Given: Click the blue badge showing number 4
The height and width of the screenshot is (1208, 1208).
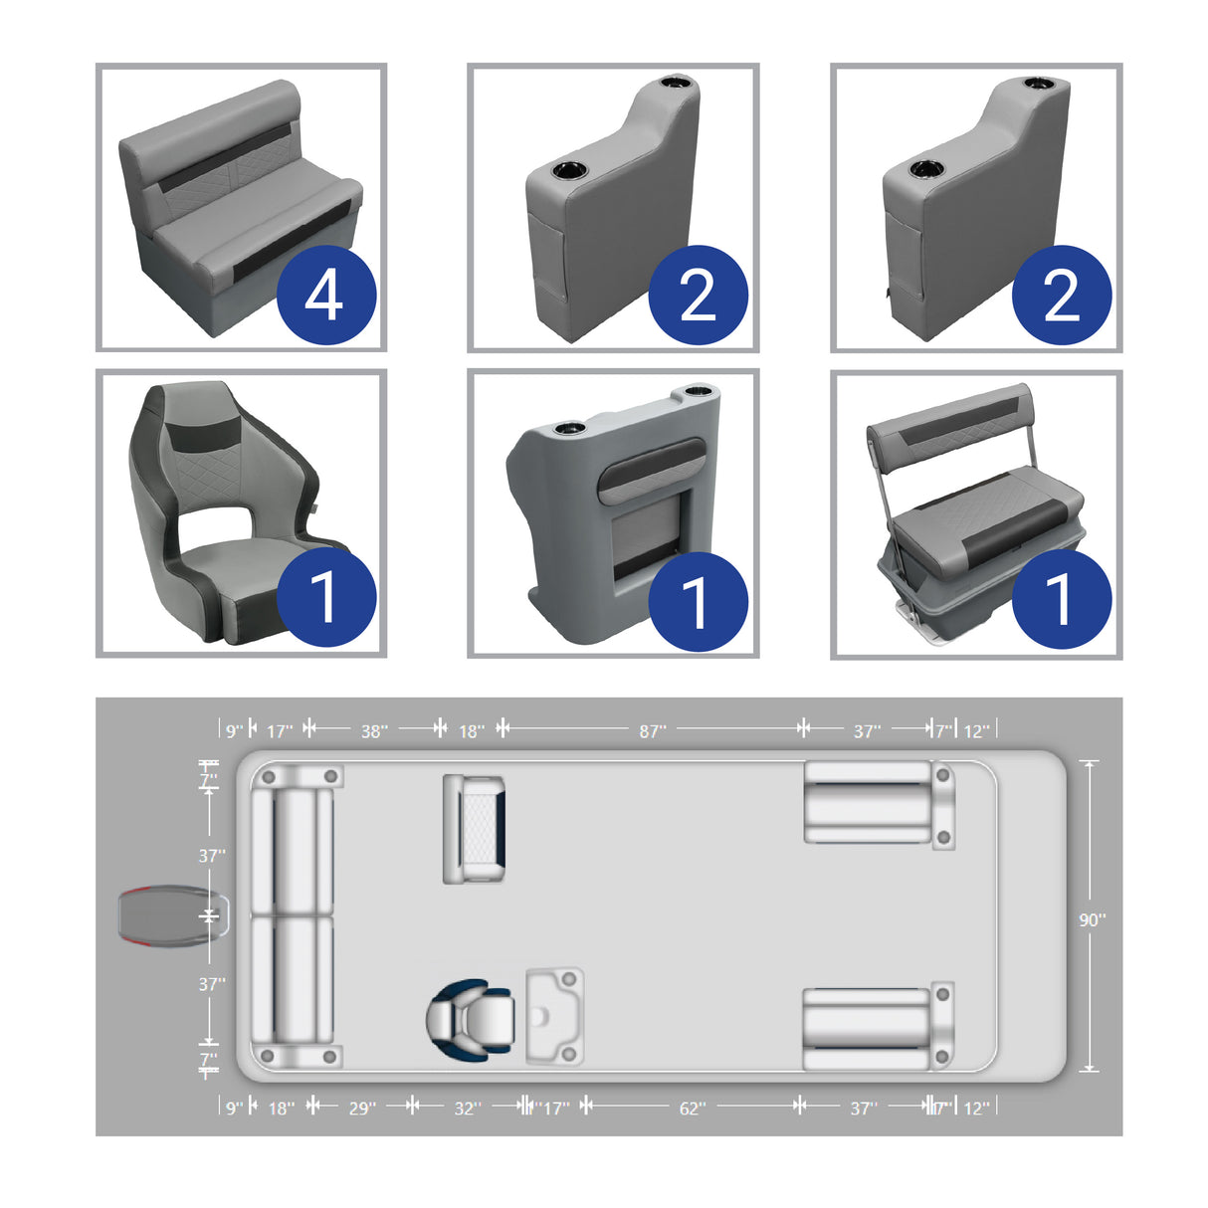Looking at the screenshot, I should pyautogui.click(x=325, y=296).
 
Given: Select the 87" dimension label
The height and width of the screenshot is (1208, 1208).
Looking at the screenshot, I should pyautogui.click(x=652, y=731).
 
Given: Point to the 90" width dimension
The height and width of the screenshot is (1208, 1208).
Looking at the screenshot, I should pyautogui.click(x=1092, y=919).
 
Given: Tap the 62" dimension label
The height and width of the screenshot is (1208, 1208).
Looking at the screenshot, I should pyautogui.click(x=692, y=1108).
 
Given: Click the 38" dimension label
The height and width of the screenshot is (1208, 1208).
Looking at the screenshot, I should pyautogui.click(x=373, y=731).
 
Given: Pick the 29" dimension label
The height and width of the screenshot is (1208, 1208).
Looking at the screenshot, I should pyautogui.click(x=362, y=1108).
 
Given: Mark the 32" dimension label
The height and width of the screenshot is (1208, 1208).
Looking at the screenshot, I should pyautogui.click(x=467, y=1108).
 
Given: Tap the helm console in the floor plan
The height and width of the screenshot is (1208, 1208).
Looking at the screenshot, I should pyautogui.click(x=554, y=1015).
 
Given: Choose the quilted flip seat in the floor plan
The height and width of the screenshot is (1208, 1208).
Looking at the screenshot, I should pyautogui.click(x=474, y=829).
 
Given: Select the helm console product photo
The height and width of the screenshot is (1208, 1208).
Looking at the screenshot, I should pyautogui.click(x=597, y=498).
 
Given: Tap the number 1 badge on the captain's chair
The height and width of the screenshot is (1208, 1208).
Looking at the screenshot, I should pyautogui.click(x=325, y=597).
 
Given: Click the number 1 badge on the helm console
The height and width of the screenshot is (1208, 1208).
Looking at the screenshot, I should pyautogui.click(x=698, y=601).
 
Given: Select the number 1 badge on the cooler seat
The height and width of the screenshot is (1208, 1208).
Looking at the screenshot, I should pyautogui.click(x=1061, y=599).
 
